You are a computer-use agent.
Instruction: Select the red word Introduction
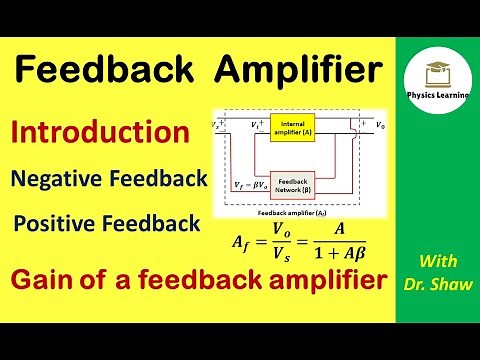(100, 132)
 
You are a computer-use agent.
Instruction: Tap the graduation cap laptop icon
(437, 69)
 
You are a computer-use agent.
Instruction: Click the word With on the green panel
(437, 262)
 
